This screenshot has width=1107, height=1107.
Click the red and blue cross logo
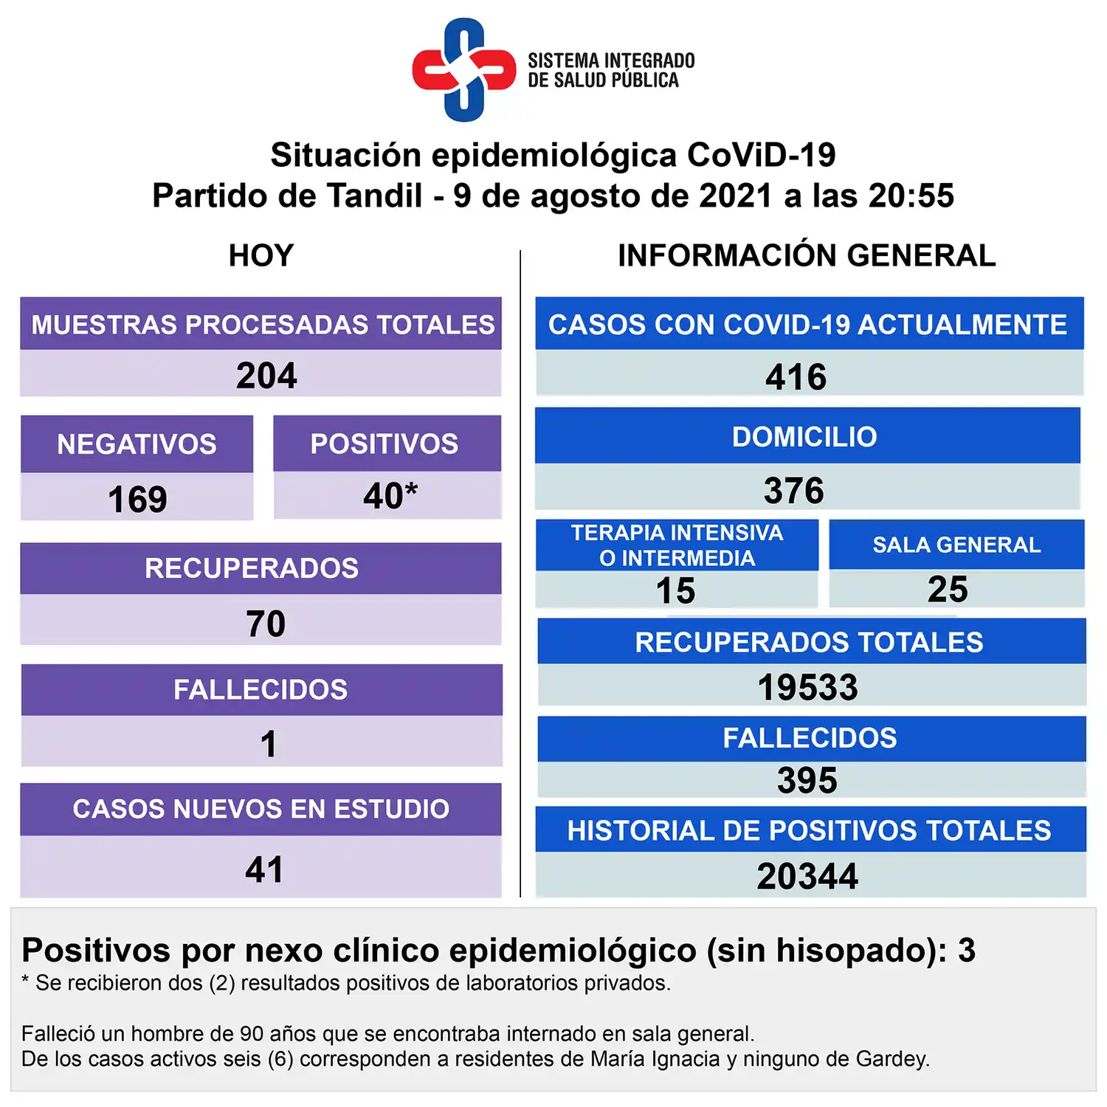[463, 69]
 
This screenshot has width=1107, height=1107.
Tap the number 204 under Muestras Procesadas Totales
[266, 376]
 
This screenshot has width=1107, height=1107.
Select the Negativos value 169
[137, 500]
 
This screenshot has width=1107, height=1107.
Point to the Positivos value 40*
[390, 496]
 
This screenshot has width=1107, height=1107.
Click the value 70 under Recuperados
[265, 624]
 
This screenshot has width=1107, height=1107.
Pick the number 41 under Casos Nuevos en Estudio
[264, 870]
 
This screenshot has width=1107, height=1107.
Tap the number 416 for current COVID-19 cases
[796, 377]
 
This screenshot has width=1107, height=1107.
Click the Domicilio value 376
[793, 491]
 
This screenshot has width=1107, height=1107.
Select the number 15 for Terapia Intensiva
[675, 591]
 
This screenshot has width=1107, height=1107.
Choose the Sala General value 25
[948, 590]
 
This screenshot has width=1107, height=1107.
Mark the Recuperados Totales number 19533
[807, 688]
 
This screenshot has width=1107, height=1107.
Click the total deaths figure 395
[807, 781]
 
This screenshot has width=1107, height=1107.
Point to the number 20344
[807, 877]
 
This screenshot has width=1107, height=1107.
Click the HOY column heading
[261, 256]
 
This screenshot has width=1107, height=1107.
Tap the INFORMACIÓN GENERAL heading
[807, 256]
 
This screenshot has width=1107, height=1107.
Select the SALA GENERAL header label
[956, 545]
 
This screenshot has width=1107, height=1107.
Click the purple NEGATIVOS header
[137, 444]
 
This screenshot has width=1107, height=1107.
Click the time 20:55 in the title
[911, 196]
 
